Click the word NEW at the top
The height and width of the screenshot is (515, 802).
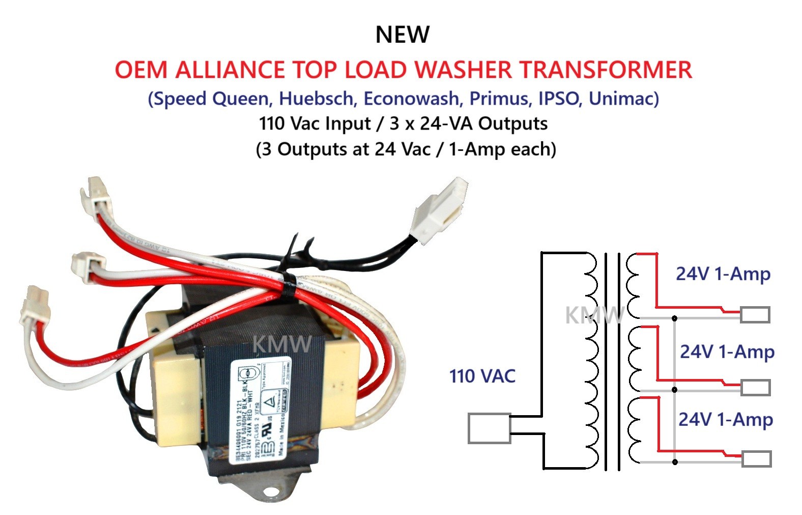402,35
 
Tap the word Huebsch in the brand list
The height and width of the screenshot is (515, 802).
316,98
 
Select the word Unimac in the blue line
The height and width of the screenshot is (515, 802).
623,98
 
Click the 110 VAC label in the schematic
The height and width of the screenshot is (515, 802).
482,376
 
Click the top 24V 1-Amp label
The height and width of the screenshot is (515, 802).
723,274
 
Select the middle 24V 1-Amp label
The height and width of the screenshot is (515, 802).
727,351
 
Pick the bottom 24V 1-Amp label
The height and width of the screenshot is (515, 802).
725,419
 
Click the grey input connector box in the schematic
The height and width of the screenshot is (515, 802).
489,428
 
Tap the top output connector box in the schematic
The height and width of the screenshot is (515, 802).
755,315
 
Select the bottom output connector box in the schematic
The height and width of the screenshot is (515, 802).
757,458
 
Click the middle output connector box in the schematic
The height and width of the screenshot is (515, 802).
755,387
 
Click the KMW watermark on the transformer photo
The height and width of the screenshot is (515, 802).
281,344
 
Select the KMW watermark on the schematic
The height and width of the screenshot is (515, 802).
594,315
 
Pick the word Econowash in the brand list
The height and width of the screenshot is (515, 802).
411,98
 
